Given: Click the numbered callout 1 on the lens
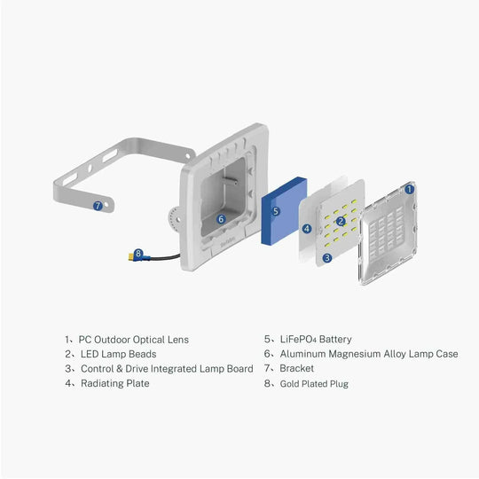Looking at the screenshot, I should (x=409, y=189).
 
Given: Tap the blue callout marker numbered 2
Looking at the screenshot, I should (x=340, y=220).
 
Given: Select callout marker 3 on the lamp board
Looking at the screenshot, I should (x=327, y=258).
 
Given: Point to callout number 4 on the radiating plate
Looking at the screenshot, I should (x=306, y=228).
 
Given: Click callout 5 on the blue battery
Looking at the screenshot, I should (x=276, y=211).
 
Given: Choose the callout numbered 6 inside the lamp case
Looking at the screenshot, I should (x=222, y=218).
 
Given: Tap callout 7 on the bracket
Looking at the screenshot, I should (x=98, y=205).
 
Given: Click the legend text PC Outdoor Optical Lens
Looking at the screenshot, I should (x=133, y=339).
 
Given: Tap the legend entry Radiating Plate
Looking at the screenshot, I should (x=115, y=383).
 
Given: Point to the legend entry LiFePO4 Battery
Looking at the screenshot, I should (x=316, y=339).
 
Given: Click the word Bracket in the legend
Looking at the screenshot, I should (x=296, y=368).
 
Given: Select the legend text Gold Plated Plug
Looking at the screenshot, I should (x=314, y=383).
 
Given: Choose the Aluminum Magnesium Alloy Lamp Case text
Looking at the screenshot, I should (x=368, y=354).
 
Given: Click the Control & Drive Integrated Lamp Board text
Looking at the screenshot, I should (x=167, y=368).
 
